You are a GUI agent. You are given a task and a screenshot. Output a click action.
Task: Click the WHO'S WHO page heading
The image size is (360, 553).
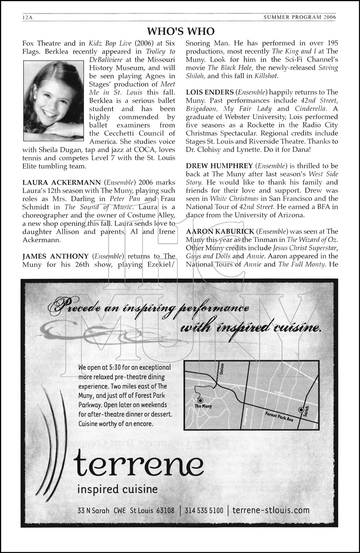click(181, 31)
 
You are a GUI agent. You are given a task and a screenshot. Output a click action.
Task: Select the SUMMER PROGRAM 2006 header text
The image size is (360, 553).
click(300, 17)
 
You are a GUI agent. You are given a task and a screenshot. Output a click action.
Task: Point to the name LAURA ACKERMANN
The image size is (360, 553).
click(62, 182)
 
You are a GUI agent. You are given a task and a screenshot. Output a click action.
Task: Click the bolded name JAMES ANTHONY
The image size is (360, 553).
click(55, 256)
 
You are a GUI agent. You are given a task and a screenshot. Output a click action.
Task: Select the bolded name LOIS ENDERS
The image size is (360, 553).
click(210, 92)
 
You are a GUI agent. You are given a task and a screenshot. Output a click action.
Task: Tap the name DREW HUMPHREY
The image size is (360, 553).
click(219, 166)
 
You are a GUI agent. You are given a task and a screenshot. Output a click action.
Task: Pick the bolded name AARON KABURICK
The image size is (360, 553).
click(220, 232)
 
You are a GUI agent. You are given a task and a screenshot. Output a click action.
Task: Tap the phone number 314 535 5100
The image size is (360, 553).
click(204, 511)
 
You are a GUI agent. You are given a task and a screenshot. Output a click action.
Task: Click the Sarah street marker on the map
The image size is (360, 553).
click(301, 410)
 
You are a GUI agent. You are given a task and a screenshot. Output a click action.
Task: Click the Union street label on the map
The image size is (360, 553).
click(222, 369)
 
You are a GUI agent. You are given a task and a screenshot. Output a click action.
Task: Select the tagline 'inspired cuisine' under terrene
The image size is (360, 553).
click(117, 489)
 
